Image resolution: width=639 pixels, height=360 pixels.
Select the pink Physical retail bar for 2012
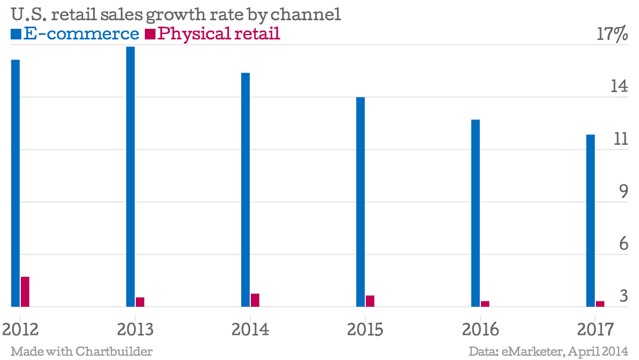coord(25,292)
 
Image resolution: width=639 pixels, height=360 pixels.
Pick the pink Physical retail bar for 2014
coord(255,300)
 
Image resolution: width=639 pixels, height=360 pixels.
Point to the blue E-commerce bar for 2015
coord(361,202)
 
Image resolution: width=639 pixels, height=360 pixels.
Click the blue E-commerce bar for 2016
coord(476,213)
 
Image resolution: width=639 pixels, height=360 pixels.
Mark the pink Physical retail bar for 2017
coord(600,304)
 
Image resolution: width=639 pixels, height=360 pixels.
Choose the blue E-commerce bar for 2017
coord(591,220)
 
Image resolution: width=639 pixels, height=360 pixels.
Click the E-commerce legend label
coord(81,34)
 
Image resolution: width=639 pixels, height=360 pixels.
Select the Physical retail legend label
coord(219,34)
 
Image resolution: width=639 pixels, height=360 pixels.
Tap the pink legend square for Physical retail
coord(150,35)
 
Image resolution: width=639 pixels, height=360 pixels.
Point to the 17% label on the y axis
coord(612,35)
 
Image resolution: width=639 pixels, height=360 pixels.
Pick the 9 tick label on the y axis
coord(624,191)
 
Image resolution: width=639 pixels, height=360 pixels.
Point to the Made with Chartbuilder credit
coord(81,351)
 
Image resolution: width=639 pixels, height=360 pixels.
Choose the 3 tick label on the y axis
coord(624,296)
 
